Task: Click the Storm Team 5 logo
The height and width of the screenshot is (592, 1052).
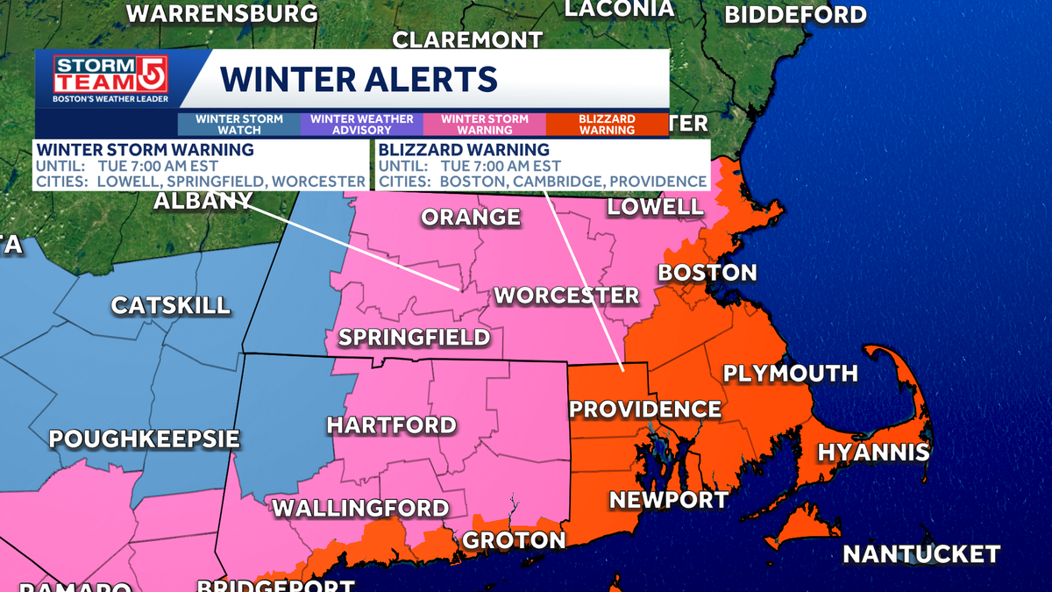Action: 110,80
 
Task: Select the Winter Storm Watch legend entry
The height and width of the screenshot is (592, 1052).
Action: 239,124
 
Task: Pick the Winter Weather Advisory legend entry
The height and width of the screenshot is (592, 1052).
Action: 361,124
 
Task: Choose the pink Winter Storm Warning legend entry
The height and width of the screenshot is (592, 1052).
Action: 484,124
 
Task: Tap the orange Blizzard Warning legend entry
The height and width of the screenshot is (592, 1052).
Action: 607,124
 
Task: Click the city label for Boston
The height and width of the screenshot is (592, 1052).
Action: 707,272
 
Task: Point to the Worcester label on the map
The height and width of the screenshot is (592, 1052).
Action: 566,295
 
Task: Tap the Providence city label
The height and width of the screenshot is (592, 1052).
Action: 645,409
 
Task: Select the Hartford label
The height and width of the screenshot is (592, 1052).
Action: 391,425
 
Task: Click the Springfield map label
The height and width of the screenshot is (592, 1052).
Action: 414,337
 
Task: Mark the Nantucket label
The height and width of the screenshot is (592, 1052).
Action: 920,554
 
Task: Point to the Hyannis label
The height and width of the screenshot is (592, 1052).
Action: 873,453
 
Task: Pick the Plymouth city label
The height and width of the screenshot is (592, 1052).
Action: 790,374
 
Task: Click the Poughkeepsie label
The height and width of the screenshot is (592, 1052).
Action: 144,439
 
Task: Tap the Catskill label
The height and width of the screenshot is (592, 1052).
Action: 170,305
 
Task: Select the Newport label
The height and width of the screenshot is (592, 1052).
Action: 668,500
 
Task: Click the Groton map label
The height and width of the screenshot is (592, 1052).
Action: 514,540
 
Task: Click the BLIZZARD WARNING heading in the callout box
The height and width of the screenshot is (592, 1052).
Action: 464,150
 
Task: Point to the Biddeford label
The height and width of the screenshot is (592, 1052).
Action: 795,15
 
